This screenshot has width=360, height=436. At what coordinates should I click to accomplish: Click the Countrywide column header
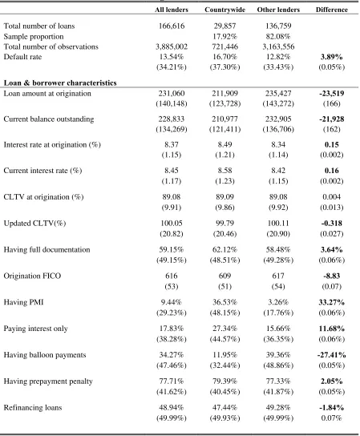point(224,10)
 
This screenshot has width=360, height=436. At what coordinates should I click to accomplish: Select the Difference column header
point(332,10)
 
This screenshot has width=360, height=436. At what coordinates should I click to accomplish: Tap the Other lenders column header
point(278,10)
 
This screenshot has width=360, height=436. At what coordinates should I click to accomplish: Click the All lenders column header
point(172,10)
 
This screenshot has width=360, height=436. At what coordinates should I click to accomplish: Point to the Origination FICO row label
point(32,276)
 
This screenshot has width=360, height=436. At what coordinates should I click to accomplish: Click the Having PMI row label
point(23,302)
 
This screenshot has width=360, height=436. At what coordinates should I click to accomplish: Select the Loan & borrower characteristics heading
point(60,83)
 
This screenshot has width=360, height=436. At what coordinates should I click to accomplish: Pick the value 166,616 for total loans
point(172,26)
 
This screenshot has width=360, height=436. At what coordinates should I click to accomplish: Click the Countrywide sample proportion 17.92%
point(224,36)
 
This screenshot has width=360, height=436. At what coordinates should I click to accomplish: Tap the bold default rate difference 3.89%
point(332,57)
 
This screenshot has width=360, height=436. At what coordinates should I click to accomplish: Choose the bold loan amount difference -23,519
point(332,93)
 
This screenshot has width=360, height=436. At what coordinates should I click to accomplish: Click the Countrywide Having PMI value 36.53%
point(224,302)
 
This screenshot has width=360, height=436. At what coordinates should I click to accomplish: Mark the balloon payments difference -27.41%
point(332,355)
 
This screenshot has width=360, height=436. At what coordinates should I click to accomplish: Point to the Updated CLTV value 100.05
point(172,223)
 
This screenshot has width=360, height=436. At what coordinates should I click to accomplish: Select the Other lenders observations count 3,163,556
point(278,46)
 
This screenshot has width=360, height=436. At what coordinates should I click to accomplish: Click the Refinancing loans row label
point(33,408)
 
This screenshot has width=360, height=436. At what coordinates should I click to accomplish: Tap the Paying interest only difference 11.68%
point(332,329)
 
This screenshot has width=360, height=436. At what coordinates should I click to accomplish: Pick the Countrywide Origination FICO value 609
point(224,276)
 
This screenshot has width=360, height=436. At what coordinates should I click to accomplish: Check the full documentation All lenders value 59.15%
point(172,249)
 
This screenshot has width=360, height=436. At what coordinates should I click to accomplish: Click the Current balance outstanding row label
point(49,119)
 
